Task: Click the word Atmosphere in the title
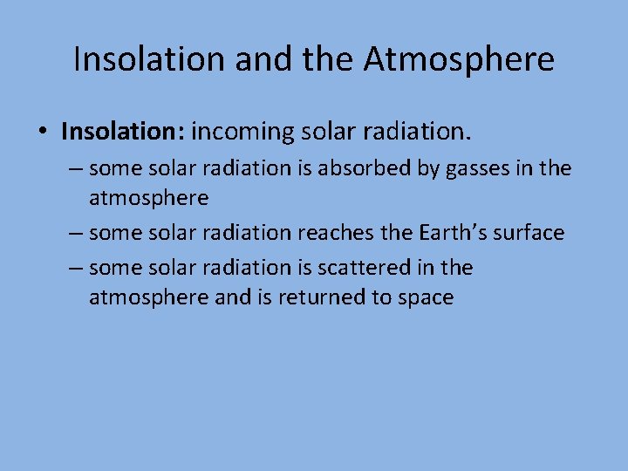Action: tap(458, 59)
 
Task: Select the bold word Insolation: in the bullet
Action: tap(123, 132)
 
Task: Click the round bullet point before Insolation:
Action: tap(42, 133)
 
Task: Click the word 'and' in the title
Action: tap(256, 59)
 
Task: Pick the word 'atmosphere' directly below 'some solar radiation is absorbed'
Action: tap(148, 198)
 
